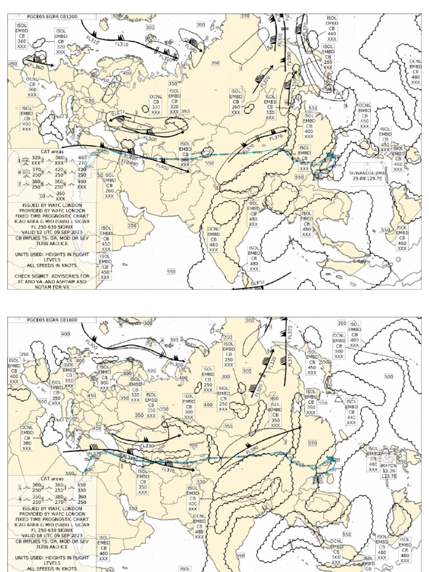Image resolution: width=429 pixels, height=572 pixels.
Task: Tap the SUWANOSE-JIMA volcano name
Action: tap(366, 173)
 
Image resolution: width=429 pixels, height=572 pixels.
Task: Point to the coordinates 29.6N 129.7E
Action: tap(366, 179)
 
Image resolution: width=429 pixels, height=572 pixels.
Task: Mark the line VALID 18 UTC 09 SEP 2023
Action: tap(51, 536)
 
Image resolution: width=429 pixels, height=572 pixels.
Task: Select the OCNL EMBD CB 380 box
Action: tap(27, 436)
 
